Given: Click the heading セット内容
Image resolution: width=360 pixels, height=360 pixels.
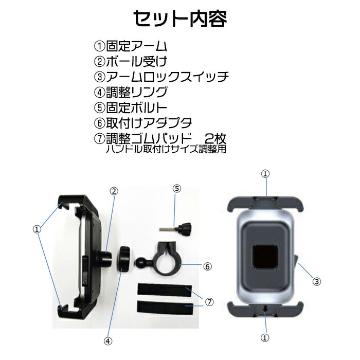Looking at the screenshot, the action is pyautogui.click(x=180, y=19).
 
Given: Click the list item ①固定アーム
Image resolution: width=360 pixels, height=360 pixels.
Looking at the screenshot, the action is pyautogui.click(x=131, y=46).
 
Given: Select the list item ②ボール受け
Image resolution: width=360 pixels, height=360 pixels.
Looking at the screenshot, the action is pyautogui.click(x=131, y=61).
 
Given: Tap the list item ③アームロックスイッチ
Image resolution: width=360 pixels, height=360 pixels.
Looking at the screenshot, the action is pyautogui.click(x=161, y=77).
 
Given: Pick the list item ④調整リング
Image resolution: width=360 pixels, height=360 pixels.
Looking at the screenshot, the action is pyautogui.click(x=131, y=92).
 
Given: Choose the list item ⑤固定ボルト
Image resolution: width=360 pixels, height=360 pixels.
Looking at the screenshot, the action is pyautogui.click(x=131, y=107).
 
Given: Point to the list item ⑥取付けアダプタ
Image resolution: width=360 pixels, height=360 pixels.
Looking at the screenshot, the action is pyautogui.click(x=143, y=123).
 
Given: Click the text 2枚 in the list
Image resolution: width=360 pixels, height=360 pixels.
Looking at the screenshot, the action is pyautogui.click(x=215, y=138).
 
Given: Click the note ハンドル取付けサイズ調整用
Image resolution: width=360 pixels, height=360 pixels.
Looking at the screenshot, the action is pyautogui.click(x=166, y=149).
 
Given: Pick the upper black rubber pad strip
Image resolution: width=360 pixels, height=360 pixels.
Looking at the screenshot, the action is pyautogui.click(x=165, y=290).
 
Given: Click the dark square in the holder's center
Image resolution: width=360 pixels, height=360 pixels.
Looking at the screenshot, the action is pyautogui.click(x=265, y=257).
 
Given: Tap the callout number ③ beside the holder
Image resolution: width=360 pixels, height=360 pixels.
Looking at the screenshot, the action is pyautogui.click(x=317, y=281).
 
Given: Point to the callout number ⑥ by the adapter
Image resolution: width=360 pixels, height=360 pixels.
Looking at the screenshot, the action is pyautogui.click(x=207, y=266).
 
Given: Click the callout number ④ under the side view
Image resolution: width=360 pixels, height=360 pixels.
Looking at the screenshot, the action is pyautogui.click(x=107, y=341).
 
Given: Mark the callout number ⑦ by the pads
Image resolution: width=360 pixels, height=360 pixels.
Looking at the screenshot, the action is pyautogui.click(x=209, y=302).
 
